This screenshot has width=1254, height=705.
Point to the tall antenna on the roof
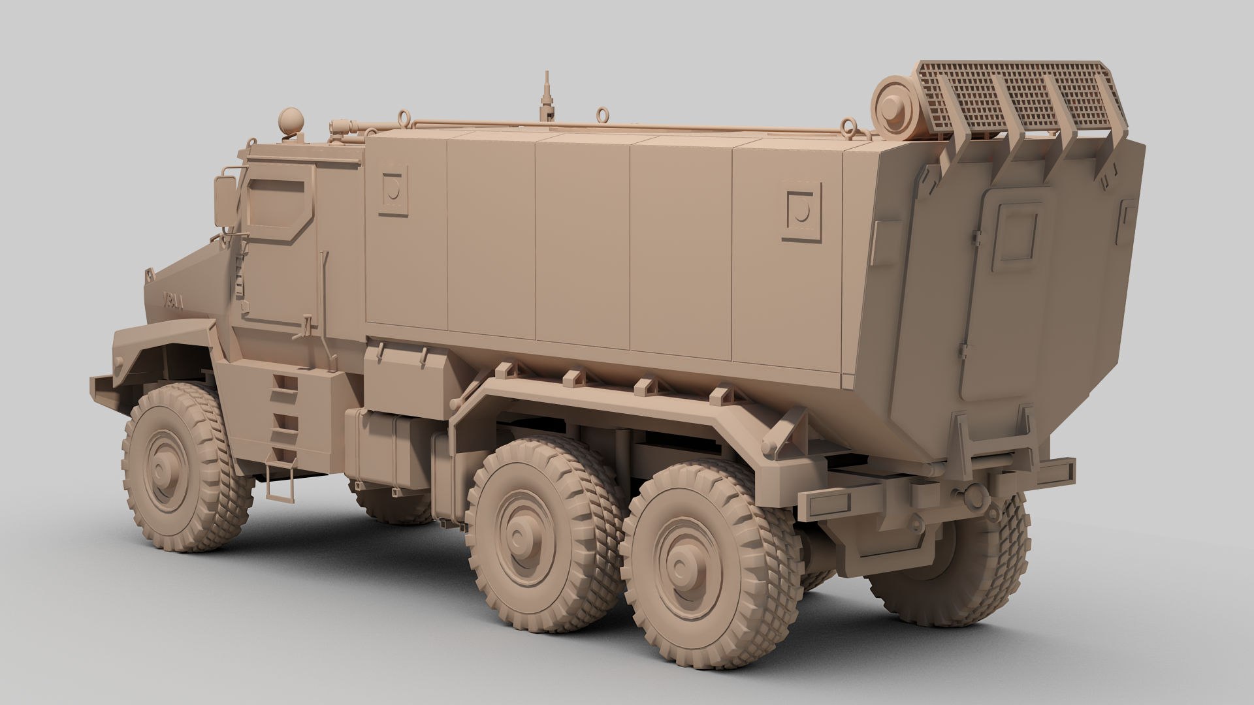(x=545, y=98)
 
